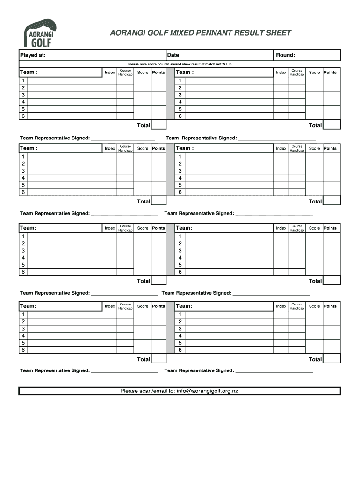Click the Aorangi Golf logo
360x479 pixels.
(x=39, y=33)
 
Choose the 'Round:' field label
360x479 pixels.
(x=285, y=55)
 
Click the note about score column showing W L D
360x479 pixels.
(x=180, y=64)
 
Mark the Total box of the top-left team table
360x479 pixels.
(x=159, y=125)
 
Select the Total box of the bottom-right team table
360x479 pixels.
(x=332, y=359)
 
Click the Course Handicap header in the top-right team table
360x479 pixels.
(x=297, y=72)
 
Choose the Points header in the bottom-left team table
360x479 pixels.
(x=158, y=306)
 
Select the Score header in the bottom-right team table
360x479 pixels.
(x=315, y=306)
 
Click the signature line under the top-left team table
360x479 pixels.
(x=123, y=139)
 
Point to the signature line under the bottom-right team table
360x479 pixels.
(x=274, y=371)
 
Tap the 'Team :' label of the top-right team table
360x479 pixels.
(x=185, y=72)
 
